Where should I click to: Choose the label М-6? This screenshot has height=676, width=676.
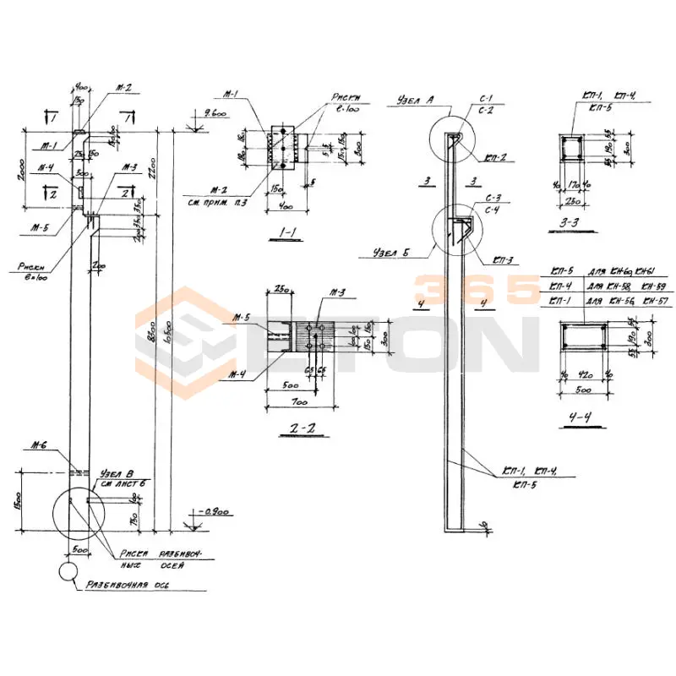(x=36, y=448)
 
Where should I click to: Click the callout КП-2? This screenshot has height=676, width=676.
(x=496, y=158)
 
